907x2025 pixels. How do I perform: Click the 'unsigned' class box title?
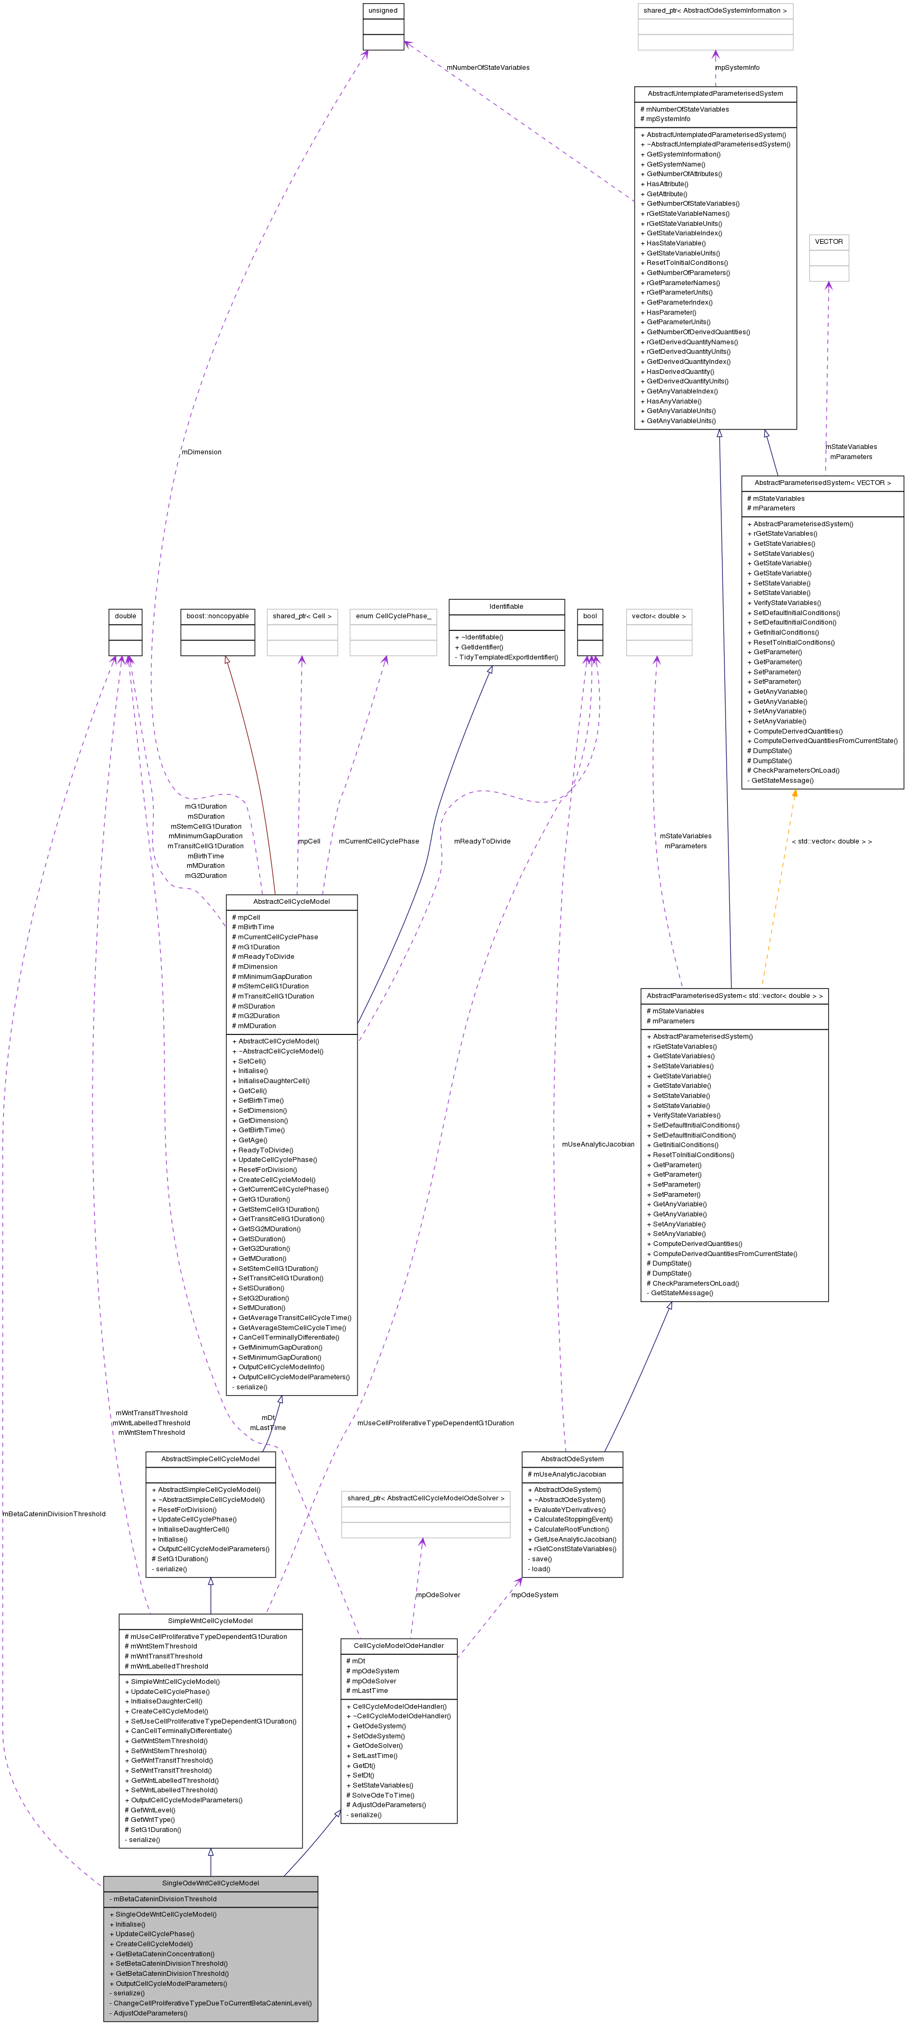[383, 10]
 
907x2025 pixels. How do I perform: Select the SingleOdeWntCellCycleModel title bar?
[210, 1883]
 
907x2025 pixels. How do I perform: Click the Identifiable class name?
[506, 606]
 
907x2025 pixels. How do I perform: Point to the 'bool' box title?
[590, 616]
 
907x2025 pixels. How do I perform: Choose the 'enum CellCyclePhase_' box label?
[393, 616]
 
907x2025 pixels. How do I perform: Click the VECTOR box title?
[828, 241]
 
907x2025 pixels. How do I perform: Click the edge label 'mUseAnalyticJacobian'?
[597, 1144]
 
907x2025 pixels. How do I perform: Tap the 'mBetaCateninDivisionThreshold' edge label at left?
[53, 1513]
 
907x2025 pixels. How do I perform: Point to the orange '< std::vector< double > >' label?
[831, 841]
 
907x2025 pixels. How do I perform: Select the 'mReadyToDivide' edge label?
[482, 841]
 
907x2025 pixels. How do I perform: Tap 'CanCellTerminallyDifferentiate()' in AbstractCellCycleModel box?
[288, 1337]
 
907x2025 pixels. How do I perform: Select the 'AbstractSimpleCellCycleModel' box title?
[210, 1458]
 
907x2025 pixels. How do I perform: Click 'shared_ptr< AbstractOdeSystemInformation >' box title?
[714, 10]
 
